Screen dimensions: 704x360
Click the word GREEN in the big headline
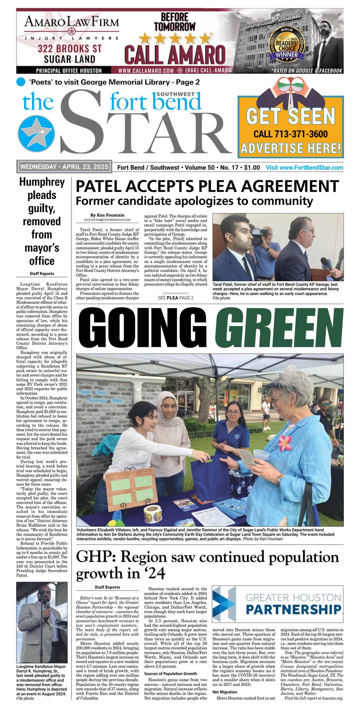pyautogui.click(x=279, y=329)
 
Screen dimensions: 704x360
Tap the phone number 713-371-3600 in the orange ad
pyautogui.click(x=290, y=134)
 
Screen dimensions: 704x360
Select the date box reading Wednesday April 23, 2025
pyautogui.click(x=64, y=167)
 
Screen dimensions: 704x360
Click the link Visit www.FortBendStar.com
pyautogui.click(x=304, y=168)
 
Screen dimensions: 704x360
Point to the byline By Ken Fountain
pyautogui.click(x=107, y=215)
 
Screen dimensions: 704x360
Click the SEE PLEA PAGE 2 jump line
pyautogui.click(x=176, y=298)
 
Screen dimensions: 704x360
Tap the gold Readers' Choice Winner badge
pyautogui.click(x=287, y=44)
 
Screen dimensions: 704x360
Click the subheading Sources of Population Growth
pyautogui.click(x=170, y=673)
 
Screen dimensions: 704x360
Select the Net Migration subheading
pyautogui.click(x=225, y=692)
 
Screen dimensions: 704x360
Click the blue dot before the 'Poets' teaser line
pyautogui.click(x=21, y=82)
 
